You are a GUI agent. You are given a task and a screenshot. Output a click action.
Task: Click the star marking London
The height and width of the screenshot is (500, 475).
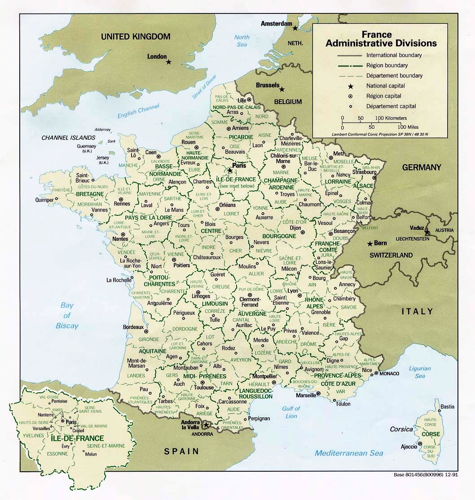coord(169,62)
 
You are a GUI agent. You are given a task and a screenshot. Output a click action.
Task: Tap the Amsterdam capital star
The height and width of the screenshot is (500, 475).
coord(295,28)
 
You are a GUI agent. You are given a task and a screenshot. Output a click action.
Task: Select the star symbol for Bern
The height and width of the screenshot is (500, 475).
coord(370,244)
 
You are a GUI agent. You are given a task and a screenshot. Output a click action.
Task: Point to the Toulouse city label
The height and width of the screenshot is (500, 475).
coord(204,387)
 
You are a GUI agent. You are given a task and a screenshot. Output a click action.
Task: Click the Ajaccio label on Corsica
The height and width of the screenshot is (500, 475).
coord(409,447)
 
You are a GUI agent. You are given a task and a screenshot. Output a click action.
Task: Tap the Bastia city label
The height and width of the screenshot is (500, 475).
coord(447,407)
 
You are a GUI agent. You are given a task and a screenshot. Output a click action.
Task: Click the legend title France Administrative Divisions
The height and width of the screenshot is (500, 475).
coord(381,39)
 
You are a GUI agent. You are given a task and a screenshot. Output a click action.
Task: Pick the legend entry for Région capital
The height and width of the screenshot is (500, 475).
coord(383,96)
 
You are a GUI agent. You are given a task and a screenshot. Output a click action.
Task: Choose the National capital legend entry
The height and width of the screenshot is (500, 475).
coord(385,86)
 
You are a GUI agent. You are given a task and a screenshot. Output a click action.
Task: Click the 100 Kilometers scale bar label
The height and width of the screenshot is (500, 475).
coord(391,118)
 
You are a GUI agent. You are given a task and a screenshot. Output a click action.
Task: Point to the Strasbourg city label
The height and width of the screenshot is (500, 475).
coord(364,172)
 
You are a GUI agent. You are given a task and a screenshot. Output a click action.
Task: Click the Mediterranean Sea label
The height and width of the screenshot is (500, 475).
coord(349,453)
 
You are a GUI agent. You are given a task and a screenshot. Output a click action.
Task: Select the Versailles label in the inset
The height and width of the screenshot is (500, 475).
coord(42,428)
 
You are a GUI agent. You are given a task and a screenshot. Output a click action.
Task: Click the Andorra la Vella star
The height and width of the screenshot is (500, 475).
coord(206,425)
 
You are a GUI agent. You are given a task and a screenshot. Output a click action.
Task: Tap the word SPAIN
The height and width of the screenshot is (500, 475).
coord(181,452)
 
